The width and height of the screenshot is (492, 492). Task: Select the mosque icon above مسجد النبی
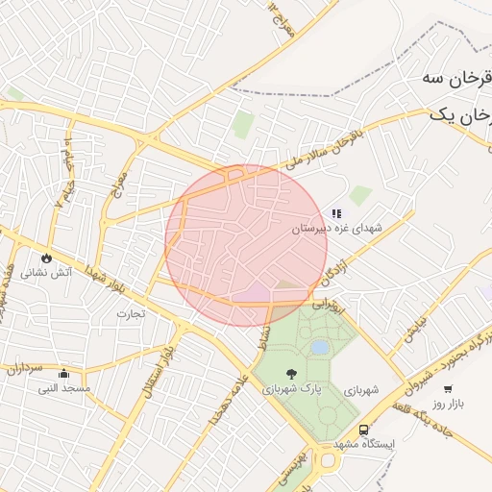[63, 373]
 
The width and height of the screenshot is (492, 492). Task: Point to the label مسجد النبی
[64, 388]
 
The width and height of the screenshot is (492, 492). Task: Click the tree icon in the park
[291, 373]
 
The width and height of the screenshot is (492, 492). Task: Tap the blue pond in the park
[319, 347]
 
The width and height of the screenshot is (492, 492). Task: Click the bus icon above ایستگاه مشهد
[363, 430]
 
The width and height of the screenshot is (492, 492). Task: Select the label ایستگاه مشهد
[365, 446]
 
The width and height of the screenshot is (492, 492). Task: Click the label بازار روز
[447, 404]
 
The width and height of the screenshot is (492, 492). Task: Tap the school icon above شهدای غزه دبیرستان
[336, 213]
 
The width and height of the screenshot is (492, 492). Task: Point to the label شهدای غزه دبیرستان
[337, 229]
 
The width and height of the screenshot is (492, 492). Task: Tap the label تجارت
[131, 313]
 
